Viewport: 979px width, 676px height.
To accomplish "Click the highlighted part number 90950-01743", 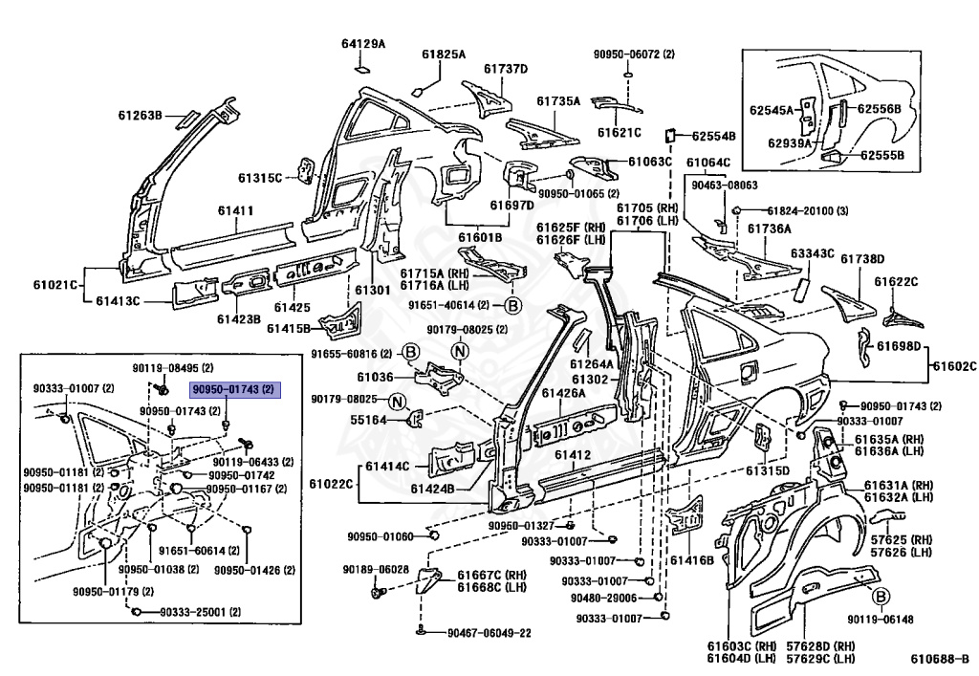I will (233, 390).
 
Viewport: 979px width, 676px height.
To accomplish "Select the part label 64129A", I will (363, 44).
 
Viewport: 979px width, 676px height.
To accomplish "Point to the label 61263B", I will (141, 116).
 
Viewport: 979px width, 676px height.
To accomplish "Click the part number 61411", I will (235, 210).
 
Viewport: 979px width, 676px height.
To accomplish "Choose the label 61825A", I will (443, 55).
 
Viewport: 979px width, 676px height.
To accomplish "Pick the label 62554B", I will (714, 136).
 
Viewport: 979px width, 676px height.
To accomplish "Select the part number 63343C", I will (812, 254).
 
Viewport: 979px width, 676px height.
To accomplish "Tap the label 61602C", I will (953, 366).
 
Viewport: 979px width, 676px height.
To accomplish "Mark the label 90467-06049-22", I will (489, 633).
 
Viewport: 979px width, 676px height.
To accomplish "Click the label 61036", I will (376, 378).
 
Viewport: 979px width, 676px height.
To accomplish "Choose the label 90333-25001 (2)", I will (200, 612).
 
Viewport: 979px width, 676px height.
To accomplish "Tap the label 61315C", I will (260, 178).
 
